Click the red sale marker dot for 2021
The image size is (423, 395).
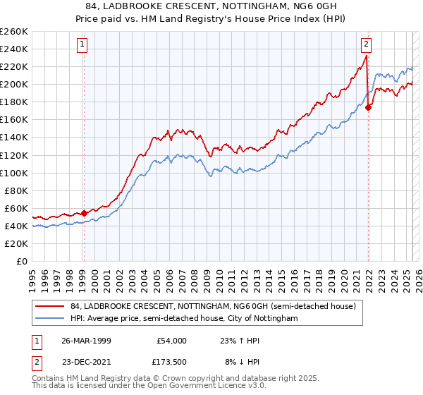point(368,108)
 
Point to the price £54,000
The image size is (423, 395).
point(170,341)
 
